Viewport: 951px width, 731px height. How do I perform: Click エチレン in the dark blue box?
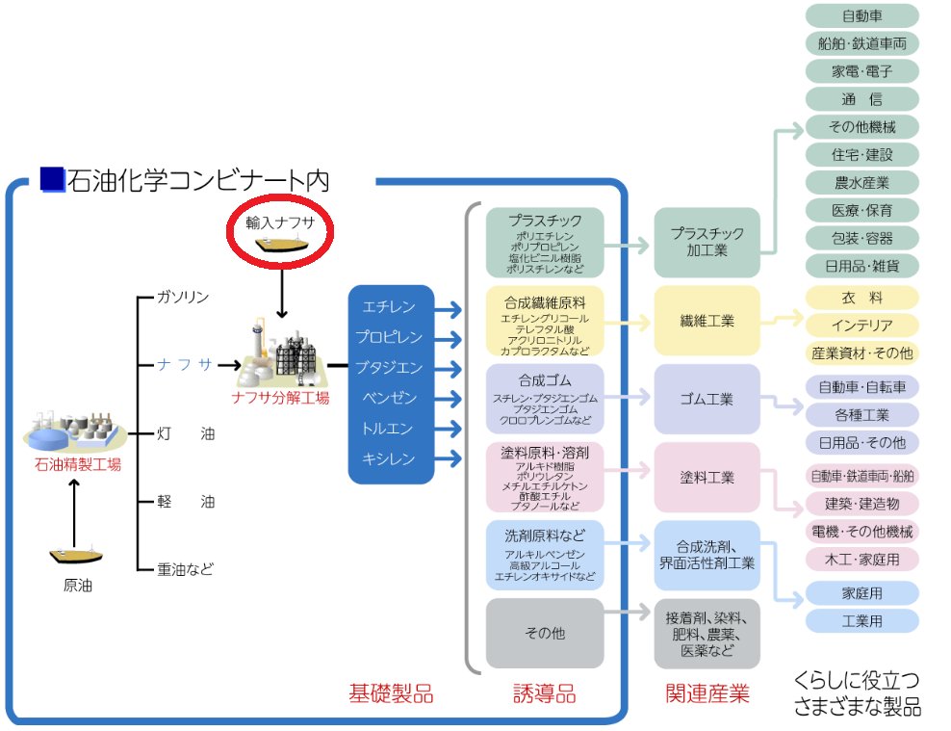tap(389, 307)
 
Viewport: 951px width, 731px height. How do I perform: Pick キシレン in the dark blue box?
tap(389, 459)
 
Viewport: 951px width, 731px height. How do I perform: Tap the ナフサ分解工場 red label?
tap(280, 397)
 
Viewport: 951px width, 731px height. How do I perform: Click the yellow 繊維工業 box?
tap(707, 321)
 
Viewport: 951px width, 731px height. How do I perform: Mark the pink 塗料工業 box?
tap(707, 478)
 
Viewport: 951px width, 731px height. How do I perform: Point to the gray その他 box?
tap(545, 633)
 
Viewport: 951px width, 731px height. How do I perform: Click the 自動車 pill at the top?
tap(861, 15)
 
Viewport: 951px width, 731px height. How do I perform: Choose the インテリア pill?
tap(861, 326)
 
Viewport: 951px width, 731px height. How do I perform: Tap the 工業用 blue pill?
tap(861, 621)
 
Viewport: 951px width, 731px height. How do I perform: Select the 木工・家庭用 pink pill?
tap(861, 560)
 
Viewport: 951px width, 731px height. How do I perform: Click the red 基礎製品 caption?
tap(390, 693)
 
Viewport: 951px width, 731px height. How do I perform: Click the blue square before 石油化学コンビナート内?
tap(52, 179)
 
